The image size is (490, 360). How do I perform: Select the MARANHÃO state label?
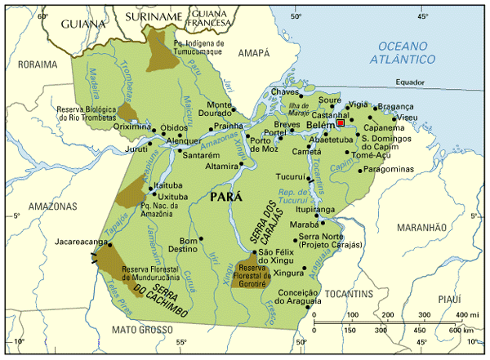pyautogui.click(x=423, y=226)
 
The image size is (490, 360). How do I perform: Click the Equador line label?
pyautogui.click(x=410, y=82)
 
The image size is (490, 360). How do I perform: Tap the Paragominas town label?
pyautogui.click(x=388, y=169)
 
